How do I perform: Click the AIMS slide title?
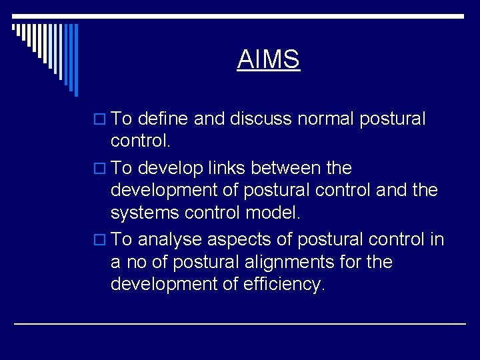[x=269, y=59]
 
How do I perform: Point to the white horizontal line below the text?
[x=240, y=323]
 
